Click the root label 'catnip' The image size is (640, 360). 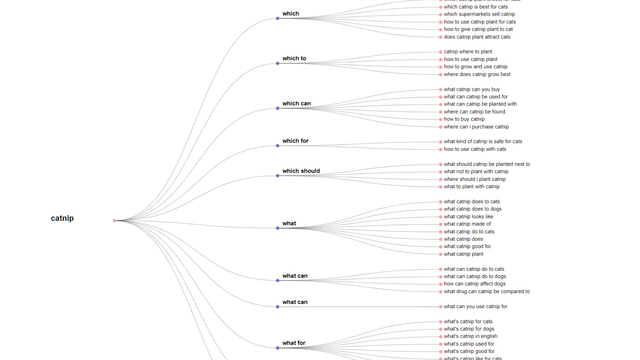pos(62,218)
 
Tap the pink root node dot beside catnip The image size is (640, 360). pos(114,220)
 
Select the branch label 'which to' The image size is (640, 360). pos(294,58)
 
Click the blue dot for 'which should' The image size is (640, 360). pos(278,176)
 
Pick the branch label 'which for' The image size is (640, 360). pos(295,141)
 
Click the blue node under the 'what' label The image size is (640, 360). pos(278,228)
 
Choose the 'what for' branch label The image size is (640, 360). pos(294,343)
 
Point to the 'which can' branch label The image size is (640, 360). pos(297,104)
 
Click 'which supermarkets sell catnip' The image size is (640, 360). pos(479,14)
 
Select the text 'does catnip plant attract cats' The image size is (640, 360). pos(477,37)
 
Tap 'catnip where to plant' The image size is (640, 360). pos(468,52)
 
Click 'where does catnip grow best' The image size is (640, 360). pos(477,75)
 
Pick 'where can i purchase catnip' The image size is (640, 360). pos(476,127)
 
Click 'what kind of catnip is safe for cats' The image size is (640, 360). pos(483,142)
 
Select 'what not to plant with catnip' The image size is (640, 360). pos(476,172)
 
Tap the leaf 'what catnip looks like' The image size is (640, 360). pos(468,217)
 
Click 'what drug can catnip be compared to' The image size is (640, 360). pos(487,292)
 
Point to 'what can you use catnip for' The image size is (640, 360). pos(476,307)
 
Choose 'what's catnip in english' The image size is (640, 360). pos(470,337)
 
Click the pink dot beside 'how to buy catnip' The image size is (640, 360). pos(441,119)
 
